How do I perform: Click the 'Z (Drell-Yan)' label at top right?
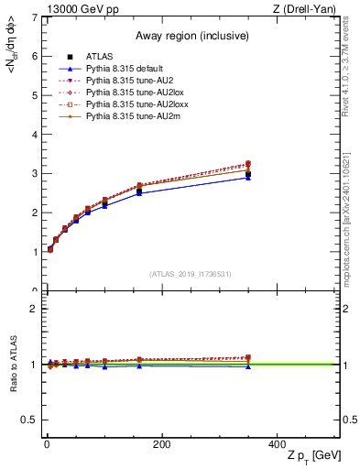309,8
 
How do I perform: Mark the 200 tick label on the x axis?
161,444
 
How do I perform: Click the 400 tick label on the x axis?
277,444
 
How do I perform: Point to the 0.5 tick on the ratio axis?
29,420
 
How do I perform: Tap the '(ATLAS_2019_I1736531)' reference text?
190,273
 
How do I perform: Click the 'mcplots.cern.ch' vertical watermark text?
351,220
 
